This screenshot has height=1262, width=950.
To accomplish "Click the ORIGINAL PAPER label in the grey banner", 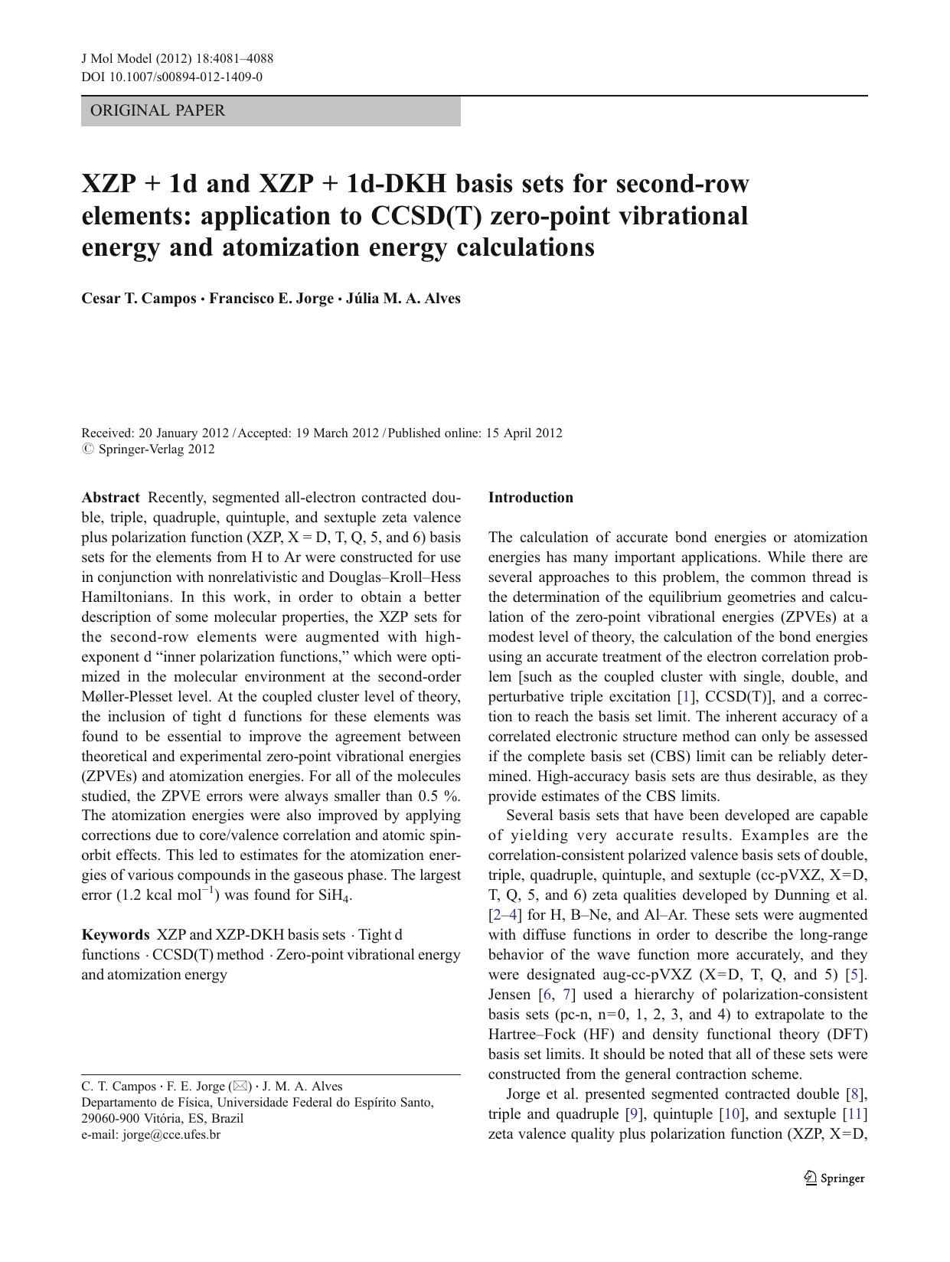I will (158, 110).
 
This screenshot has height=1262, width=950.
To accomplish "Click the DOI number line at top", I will (171, 77).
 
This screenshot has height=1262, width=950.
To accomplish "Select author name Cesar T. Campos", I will (139, 299).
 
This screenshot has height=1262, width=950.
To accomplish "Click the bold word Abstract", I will (110, 498).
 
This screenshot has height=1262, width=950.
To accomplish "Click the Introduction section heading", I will (530, 498).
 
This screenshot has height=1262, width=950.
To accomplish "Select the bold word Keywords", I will (116, 935).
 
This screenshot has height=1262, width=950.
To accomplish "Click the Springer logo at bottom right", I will (834, 1179).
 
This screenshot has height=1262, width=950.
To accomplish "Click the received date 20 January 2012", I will (184, 433).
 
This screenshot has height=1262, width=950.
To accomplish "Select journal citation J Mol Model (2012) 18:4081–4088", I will (177, 59).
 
